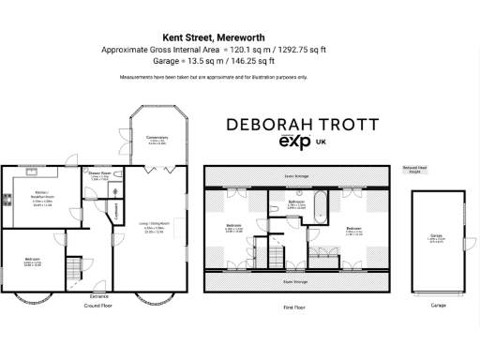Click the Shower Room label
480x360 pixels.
(x=100, y=173)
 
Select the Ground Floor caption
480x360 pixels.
(x=97, y=305)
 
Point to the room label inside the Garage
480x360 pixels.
(x=437, y=238)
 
